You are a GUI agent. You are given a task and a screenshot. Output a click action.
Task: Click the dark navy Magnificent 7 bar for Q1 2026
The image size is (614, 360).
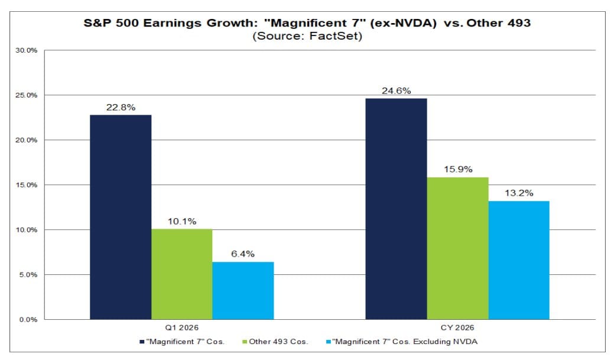121,217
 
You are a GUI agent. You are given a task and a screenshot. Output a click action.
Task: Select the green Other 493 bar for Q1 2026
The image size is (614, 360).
182,274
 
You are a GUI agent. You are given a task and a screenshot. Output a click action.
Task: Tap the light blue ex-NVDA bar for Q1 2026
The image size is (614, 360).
243,290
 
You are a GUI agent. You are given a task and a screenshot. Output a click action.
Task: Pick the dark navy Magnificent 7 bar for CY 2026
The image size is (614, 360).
396,209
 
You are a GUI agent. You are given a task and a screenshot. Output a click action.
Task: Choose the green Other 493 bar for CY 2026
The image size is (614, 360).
457,248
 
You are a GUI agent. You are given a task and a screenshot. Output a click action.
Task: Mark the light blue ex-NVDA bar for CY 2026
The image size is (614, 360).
518,260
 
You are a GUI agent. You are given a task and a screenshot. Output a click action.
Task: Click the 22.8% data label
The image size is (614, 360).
121,107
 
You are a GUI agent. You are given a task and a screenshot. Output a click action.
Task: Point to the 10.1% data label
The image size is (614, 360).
182,221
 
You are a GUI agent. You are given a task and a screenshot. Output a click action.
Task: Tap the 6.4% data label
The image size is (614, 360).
243,254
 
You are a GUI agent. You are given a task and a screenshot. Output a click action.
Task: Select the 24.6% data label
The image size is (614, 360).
396,90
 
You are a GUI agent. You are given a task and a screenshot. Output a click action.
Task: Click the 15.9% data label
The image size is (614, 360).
457,170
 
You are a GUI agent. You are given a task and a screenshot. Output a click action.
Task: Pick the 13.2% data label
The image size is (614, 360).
518,193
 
